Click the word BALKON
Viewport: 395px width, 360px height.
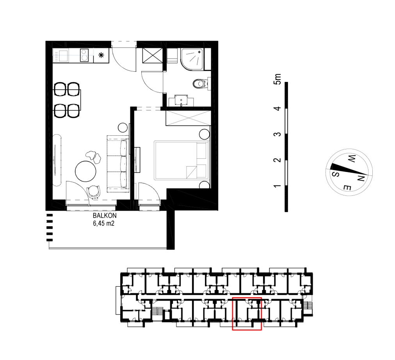pyautogui.click(x=105, y=216)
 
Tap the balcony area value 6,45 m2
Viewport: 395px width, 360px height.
pyautogui.click(x=104, y=223)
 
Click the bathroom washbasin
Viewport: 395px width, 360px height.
pyautogui.click(x=181, y=100)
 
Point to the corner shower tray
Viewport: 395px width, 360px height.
pyautogui.click(x=193, y=59)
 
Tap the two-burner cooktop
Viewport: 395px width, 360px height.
pyautogui.click(x=84, y=55)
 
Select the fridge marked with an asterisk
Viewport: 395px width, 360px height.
pyautogui.click(x=101, y=55)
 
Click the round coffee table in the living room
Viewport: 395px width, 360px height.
pyautogui.click(x=85, y=171)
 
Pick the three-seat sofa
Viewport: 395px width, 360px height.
pyautogui.click(x=118, y=164)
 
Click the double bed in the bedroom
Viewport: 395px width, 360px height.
pyautogui.click(x=181, y=160)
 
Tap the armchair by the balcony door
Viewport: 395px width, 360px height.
pyautogui.click(x=93, y=192)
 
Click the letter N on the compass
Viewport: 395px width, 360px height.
pyautogui.click(x=361, y=178)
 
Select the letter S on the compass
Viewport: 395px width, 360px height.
pyautogui.click(x=335, y=174)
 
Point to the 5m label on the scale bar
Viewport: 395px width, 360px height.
pyautogui.click(x=278, y=79)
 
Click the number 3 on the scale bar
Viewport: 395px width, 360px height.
pyautogui.click(x=278, y=134)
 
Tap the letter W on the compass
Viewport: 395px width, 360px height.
pyautogui.click(x=352, y=159)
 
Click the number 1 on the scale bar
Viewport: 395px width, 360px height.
pyautogui.click(x=278, y=186)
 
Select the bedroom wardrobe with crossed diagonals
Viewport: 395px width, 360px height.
pyautogui.click(x=188, y=118)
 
